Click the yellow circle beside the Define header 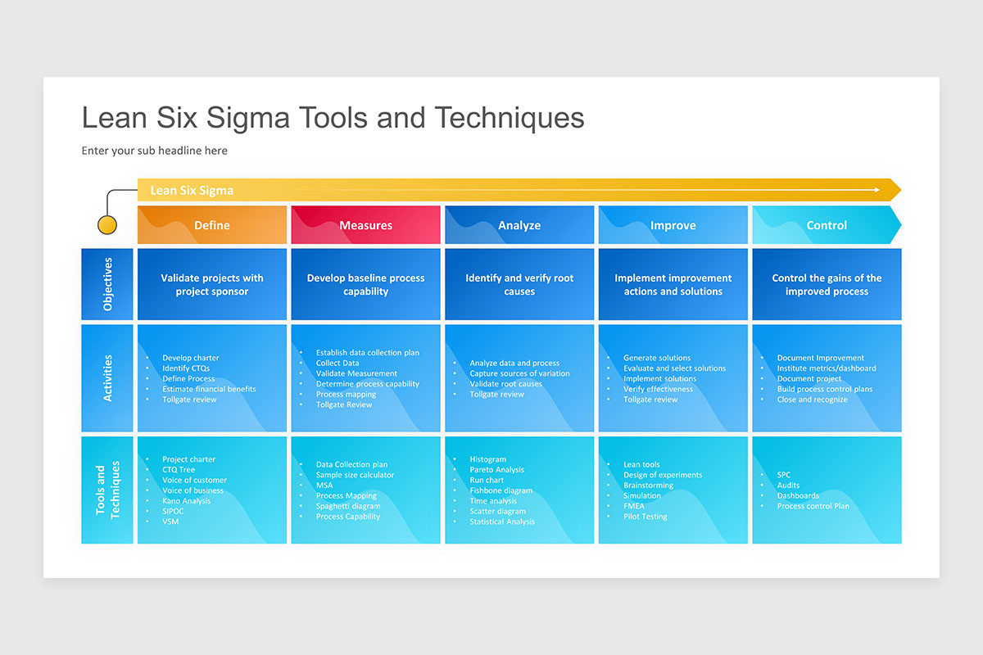pyautogui.click(x=107, y=224)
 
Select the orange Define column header pyautogui.click(x=212, y=225)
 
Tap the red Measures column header pyautogui.click(x=366, y=225)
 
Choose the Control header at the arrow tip pyautogui.click(x=827, y=225)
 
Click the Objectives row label pyautogui.click(x=107, y=284)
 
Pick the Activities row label pyautogui.click(x=107, y=377)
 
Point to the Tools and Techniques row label pyautogui.click(x=107, y=490)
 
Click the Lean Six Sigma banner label pyautogui.click(x=192, y=190)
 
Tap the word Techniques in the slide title pyautogui.click(x=510, y=118)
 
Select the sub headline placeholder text pyautogui.click(x=155, y=151)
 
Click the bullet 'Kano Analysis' pyautogui.click(x=186, y=501)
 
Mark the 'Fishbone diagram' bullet pyautogui.click(x=501, y=490)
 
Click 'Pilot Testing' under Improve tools pyautogui.click(x=645, y=517)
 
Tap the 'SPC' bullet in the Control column pyautogui.click(x=784, y=475)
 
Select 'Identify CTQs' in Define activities pyautogui.click(x=186, y=368)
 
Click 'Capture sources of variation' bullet pyautogui.click(x=519, y=373)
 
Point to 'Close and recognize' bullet pyautogui.click(x=812, y=400)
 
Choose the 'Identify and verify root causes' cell pyautogui.click(x=519, y=284)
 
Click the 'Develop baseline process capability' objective pyautogui.click(x=366, y=284)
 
